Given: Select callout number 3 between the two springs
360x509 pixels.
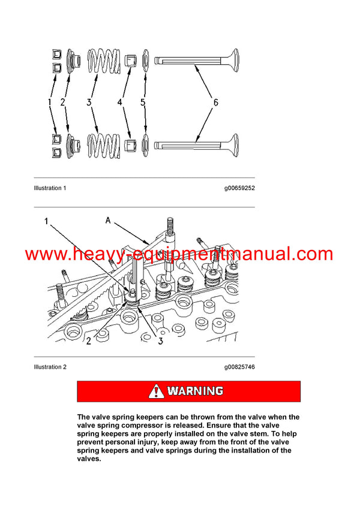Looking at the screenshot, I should [89, 103].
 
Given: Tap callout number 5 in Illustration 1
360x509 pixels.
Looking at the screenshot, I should [143, 103].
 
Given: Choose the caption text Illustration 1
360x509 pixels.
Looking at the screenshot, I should [50, 188].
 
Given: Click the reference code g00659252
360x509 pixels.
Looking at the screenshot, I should [239, 188].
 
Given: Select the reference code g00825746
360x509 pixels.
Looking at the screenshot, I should [239, 367].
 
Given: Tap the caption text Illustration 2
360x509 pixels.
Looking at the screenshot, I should [50, 367].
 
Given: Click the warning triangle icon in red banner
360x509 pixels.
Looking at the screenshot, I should [157, 391].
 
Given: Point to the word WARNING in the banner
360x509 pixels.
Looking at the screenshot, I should [195, 391].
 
